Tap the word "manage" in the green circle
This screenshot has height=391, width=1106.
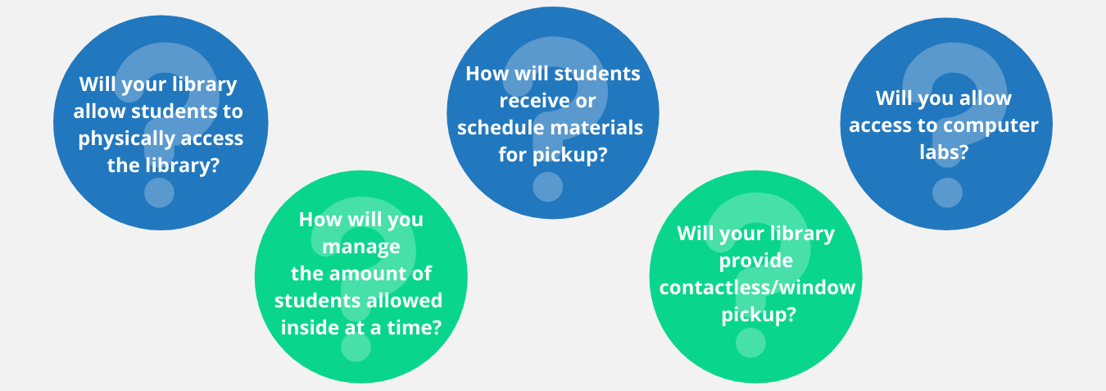(361, 247)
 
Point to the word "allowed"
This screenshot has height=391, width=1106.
(402, 300)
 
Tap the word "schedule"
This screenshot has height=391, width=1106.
(496, 127)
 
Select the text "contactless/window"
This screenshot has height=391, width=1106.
(757, 288)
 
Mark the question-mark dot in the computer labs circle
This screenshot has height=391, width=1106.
(947, 193)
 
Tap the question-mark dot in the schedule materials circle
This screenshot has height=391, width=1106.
(548, 187)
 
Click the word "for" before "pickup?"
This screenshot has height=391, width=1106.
(514, 154)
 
